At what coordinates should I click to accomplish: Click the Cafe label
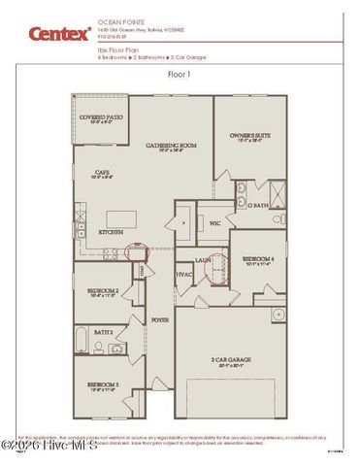[x=99, y=177]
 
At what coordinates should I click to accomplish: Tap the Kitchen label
[x=111, y=233]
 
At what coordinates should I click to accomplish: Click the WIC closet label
[x=215, y=222]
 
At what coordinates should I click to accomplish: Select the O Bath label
[x=258, y=206]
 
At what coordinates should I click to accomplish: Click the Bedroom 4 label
[x=260, y=259]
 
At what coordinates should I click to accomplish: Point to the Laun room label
[x=204, y=260]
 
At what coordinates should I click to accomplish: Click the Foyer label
[x=159, y=317]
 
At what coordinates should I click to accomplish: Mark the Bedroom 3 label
[x=103, y=385]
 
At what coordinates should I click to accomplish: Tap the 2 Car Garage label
[x=230, y=360]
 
